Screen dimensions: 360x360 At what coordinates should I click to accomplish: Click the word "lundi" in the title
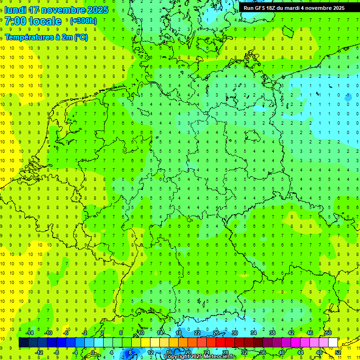16,10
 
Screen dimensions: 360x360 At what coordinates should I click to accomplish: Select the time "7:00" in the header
15,21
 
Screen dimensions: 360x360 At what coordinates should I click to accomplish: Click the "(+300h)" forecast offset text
83,21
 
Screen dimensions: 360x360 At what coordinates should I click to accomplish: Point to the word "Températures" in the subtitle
29,37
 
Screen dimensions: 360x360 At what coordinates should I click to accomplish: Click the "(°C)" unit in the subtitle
80,37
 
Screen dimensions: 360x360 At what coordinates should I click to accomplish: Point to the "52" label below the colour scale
337,352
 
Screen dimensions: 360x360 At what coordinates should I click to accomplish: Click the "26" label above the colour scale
216,333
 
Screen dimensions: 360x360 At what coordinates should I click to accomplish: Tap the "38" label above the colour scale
272,333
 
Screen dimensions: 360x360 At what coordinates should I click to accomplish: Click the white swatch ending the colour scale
333,343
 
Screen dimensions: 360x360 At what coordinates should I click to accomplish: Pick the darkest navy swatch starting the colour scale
23,343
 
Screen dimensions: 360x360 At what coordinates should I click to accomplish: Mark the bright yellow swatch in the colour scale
155,343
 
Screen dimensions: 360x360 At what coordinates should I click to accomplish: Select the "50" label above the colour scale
329,333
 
